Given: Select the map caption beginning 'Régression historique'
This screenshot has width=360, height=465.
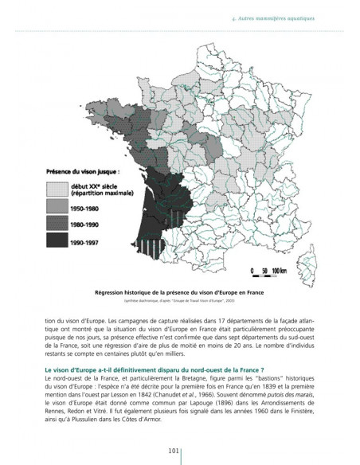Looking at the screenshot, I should pos(179,292).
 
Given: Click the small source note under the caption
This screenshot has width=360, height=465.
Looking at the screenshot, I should pos(179,300).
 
